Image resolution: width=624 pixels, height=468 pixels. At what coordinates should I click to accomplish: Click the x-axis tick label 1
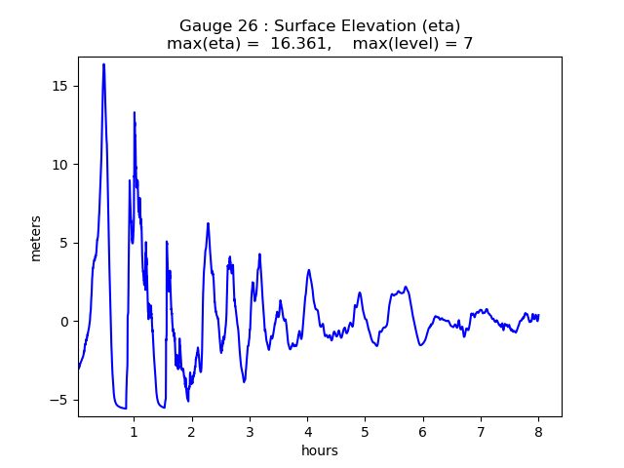tap(134, 431)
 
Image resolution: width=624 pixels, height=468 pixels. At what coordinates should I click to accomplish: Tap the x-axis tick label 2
tap(192, 431)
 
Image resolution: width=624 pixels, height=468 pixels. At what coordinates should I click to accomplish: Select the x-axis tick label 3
tap(250, 431)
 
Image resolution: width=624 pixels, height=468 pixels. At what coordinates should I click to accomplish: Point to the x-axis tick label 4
tap(307, 431)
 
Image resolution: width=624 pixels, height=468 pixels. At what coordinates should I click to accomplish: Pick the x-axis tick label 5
tap(365, 431)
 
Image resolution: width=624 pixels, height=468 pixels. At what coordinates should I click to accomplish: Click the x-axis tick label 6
tap(423, 431)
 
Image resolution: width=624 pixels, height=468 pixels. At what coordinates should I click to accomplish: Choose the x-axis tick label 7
tap(481, 431)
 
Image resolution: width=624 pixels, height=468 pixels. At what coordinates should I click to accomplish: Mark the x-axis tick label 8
tap(538, 431)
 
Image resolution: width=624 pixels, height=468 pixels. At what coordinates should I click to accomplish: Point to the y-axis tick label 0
tap(65, 322)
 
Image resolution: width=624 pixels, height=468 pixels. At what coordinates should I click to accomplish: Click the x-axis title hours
tap(320, 450)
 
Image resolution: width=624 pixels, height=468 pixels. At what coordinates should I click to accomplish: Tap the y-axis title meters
tap(36, 238)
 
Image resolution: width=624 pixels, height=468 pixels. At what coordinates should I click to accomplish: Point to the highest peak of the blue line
tap(103, 64)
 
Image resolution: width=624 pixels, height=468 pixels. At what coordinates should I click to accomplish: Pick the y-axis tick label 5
tap(65, 243)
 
